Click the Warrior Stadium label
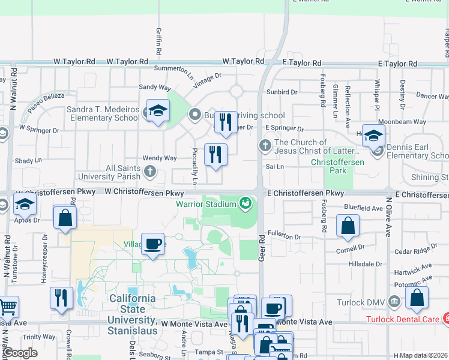click(205, 203)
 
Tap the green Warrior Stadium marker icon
click(244, 203)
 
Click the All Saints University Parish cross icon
click(149, 172)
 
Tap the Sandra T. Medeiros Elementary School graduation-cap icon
click(158, 110)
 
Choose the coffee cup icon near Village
click(153, 244)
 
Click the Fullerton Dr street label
click(284, 237)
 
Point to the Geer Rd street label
click(262, 247)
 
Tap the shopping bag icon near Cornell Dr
click(348, 226)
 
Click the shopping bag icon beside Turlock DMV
click(417, 298)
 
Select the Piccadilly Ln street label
click(194, 166)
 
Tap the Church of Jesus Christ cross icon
click(265, 145)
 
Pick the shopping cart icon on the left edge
click(7, 307)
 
